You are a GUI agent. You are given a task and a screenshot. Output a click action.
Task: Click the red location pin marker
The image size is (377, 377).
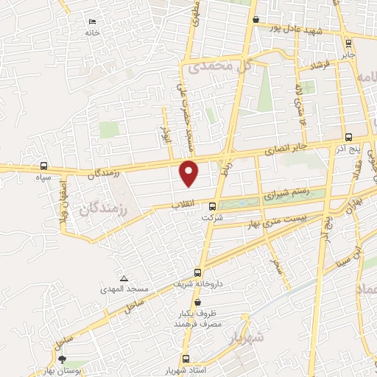click(190, 173)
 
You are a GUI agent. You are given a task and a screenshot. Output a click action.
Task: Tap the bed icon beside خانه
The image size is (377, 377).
click(91, 22)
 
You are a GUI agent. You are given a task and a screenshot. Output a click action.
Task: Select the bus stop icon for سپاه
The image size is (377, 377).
click(44, 166)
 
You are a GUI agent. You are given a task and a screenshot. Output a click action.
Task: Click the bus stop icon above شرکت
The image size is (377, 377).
click(213, 206)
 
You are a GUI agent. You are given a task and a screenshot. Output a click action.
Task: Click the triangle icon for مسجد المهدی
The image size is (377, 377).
click(124, 278)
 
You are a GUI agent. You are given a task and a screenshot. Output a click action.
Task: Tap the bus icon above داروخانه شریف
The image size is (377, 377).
click(197, 272)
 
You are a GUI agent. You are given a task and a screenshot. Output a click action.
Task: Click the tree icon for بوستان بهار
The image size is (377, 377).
click(62, 358)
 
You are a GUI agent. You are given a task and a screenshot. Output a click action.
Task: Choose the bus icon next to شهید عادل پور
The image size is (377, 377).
click(256, 20)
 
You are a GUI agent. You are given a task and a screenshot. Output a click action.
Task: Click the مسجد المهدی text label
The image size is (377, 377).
click(125, 289)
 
